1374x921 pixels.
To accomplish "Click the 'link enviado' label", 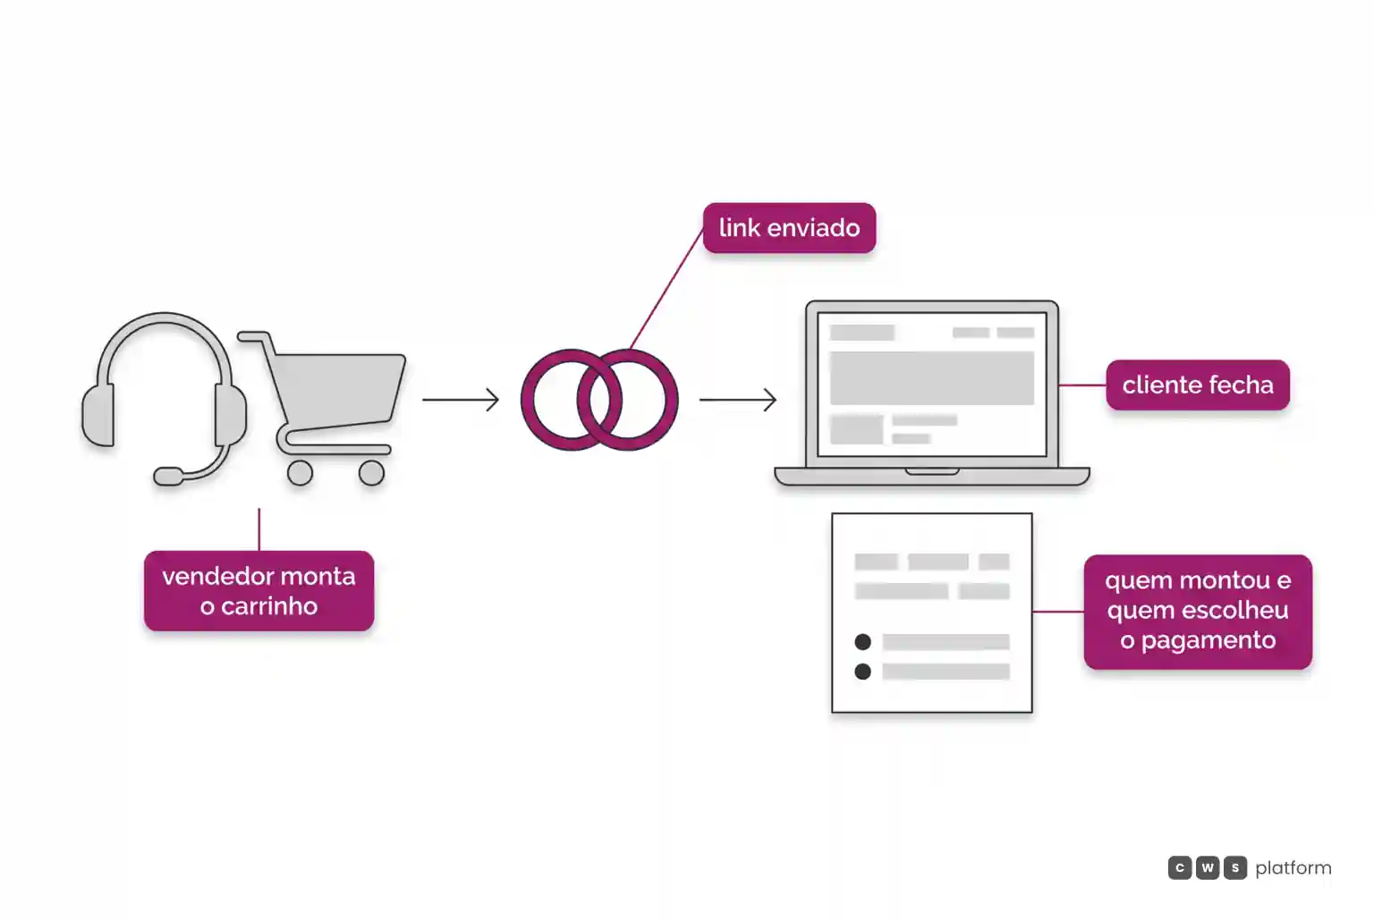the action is point(789,228).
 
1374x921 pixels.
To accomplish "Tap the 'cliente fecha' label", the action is point(1198,385).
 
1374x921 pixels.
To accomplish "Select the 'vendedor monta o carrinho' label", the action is point(259,591).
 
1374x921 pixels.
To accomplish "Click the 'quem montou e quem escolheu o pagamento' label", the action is point(1198,611).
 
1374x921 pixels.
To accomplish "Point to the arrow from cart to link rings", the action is point(460,400).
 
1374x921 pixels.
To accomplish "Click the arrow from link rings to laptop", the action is point(738,400).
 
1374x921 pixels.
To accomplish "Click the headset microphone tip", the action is point(168,476).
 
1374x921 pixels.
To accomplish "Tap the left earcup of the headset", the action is point(98,416).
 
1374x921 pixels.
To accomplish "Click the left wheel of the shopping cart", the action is point(300,473).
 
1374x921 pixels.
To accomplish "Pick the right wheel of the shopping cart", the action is point(372,473).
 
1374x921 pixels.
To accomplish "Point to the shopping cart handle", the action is point(253,336).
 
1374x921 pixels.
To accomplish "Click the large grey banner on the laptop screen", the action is point(932,377).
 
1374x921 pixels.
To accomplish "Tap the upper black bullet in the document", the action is point(862,642).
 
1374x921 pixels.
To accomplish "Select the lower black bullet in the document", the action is point(862,672).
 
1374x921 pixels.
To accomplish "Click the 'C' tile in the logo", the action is point(1180,867).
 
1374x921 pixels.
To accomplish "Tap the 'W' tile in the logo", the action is point(1207,867).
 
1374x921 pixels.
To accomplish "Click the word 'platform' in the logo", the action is point(1293,868).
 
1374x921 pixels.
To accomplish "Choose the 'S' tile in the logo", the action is point(1235,867).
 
